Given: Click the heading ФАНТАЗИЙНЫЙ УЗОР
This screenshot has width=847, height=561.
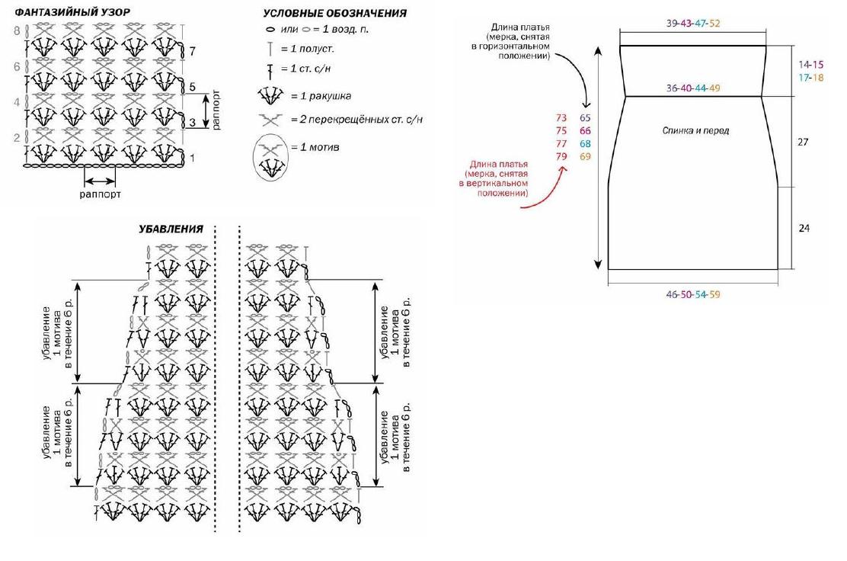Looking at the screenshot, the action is point(72,12).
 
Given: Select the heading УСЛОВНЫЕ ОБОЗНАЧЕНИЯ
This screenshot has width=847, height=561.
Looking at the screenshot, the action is point(335,13).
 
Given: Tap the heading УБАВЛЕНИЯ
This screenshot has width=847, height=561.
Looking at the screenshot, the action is point(171,229).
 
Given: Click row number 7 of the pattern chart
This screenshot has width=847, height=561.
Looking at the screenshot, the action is point(192,52).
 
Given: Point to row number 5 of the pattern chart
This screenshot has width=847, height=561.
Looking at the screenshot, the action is point(192,87).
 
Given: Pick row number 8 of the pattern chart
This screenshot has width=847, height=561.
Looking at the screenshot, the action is point(17,30).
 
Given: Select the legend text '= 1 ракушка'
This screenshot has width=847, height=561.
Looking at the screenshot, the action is point(321,96).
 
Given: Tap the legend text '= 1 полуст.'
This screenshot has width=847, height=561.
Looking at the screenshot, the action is point(307,49).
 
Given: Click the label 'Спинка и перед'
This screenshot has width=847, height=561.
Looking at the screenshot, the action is point(695,130).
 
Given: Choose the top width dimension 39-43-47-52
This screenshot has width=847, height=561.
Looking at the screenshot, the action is point(693,23).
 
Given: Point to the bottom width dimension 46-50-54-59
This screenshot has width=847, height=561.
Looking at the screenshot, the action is point(693,294).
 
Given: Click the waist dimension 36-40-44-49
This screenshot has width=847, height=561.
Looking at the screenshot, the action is point(693,88).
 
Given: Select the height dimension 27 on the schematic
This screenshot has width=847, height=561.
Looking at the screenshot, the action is point(804,142).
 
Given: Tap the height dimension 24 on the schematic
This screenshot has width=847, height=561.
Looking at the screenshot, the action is point(804,228).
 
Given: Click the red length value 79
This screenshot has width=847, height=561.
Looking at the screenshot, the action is point(561,157).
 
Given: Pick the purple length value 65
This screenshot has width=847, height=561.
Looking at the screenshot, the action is point(585,118).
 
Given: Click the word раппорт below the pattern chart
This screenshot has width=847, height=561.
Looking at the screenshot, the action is point(100,194).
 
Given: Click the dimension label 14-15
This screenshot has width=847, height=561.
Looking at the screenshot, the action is point(810,65).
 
